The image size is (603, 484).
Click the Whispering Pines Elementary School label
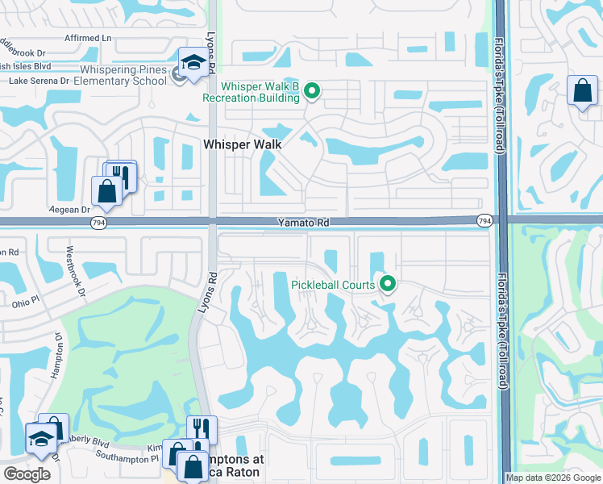121,75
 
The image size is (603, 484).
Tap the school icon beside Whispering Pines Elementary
193,64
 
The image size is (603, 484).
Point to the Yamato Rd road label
301,221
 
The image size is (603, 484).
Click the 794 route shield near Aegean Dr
97,222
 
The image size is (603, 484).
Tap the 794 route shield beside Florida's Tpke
484,220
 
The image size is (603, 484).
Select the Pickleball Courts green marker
388,284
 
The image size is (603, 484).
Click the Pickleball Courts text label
334,285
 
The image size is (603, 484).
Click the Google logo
27,474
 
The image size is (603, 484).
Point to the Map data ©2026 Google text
553,478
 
